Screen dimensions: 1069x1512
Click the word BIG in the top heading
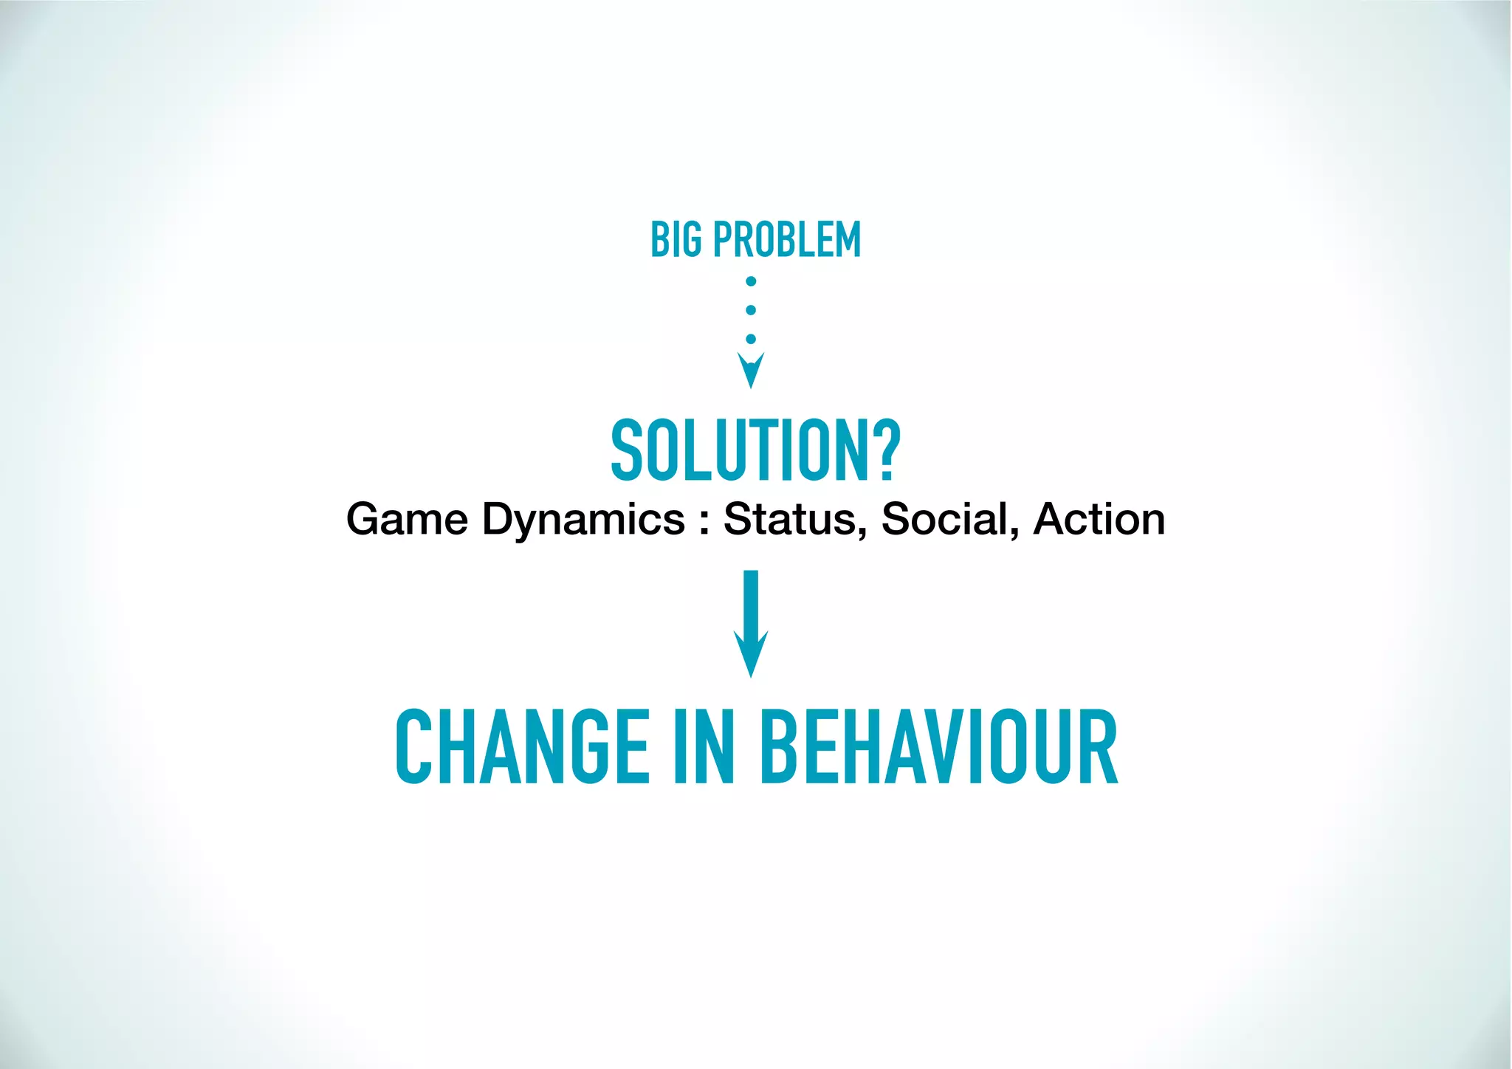pyautogui.click(x=676, y=240)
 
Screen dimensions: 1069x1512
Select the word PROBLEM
pyautogui.click(x=787, y=240)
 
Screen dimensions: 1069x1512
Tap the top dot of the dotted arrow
pyautogui.click(x=751, y=281)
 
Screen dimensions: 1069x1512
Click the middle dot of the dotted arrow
pyautogui.click(x=751, y=310)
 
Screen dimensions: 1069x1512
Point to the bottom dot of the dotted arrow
pyautogui.click(x=751, y=339)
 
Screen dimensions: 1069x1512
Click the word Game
pyautogui.click(x=407, y=519)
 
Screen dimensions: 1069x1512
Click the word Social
pyautogui.click(x=944, y=519)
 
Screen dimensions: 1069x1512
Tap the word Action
pyautogui.click(x=1099, y=519)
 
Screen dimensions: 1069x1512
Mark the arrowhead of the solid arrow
pyautogui.click(x=751, y=653)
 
